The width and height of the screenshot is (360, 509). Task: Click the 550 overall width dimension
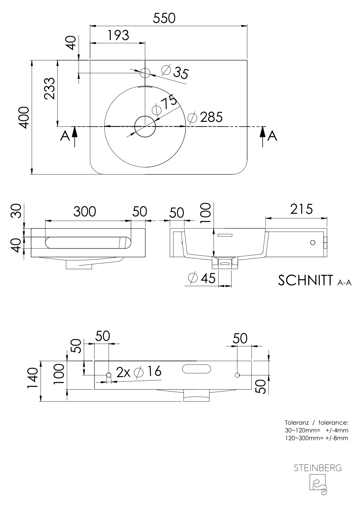pos(164,18)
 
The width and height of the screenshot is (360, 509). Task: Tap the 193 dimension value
pos(118,35)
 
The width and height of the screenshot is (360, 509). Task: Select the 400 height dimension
pos(24,118)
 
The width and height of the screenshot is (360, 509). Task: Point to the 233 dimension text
pos(49,88)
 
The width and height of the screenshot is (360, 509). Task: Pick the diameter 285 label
pos(205,117)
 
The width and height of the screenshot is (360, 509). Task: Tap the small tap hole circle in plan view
pos(145,73)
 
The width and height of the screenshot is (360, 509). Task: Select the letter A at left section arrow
pos(65,136)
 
